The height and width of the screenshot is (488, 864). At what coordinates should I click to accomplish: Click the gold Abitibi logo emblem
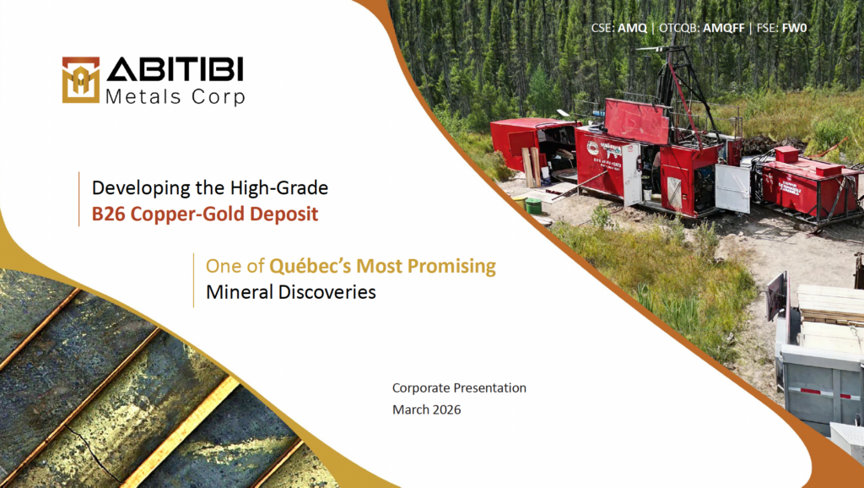tap(80, 80)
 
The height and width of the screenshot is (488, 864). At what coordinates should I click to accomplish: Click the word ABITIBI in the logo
tap(175, 69)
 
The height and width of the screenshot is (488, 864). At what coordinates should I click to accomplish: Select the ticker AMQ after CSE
tap(632, 28)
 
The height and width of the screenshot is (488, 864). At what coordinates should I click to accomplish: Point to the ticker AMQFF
tap(723, 28)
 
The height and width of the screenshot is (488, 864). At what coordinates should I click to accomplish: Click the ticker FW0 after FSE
tap(794, 28)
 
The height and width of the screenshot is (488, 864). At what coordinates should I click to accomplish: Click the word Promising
tap(451, 266)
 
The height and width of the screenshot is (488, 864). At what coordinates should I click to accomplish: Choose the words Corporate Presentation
tap(459, 388)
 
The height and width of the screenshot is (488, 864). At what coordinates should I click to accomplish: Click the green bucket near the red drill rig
tap(533, 206)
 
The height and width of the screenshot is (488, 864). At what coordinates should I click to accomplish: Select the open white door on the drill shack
tap(732, 188)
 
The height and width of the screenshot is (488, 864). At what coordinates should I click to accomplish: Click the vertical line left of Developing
tap(78, 199)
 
